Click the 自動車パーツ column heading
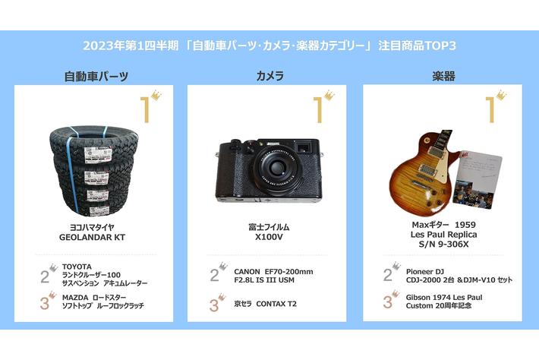tap(96, 77)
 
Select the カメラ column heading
tap(269, 76)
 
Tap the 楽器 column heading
tap(443, 76)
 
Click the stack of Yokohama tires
tap(94, 171)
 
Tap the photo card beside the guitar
tap(477, 180)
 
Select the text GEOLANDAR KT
tap(92, 237)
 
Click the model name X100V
tap(269, 237)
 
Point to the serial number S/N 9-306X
tap(443, 244)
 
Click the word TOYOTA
tap(77, 267)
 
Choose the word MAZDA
tap(75, 297)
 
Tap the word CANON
tap(247, 272)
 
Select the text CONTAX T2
tap(276, 304)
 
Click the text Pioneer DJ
tap(425, 272)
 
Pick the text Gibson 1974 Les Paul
tap(444, 298)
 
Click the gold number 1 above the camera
tap(319, 110)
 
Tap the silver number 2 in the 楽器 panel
tap(388, 275)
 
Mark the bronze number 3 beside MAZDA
tap(45, 303)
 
